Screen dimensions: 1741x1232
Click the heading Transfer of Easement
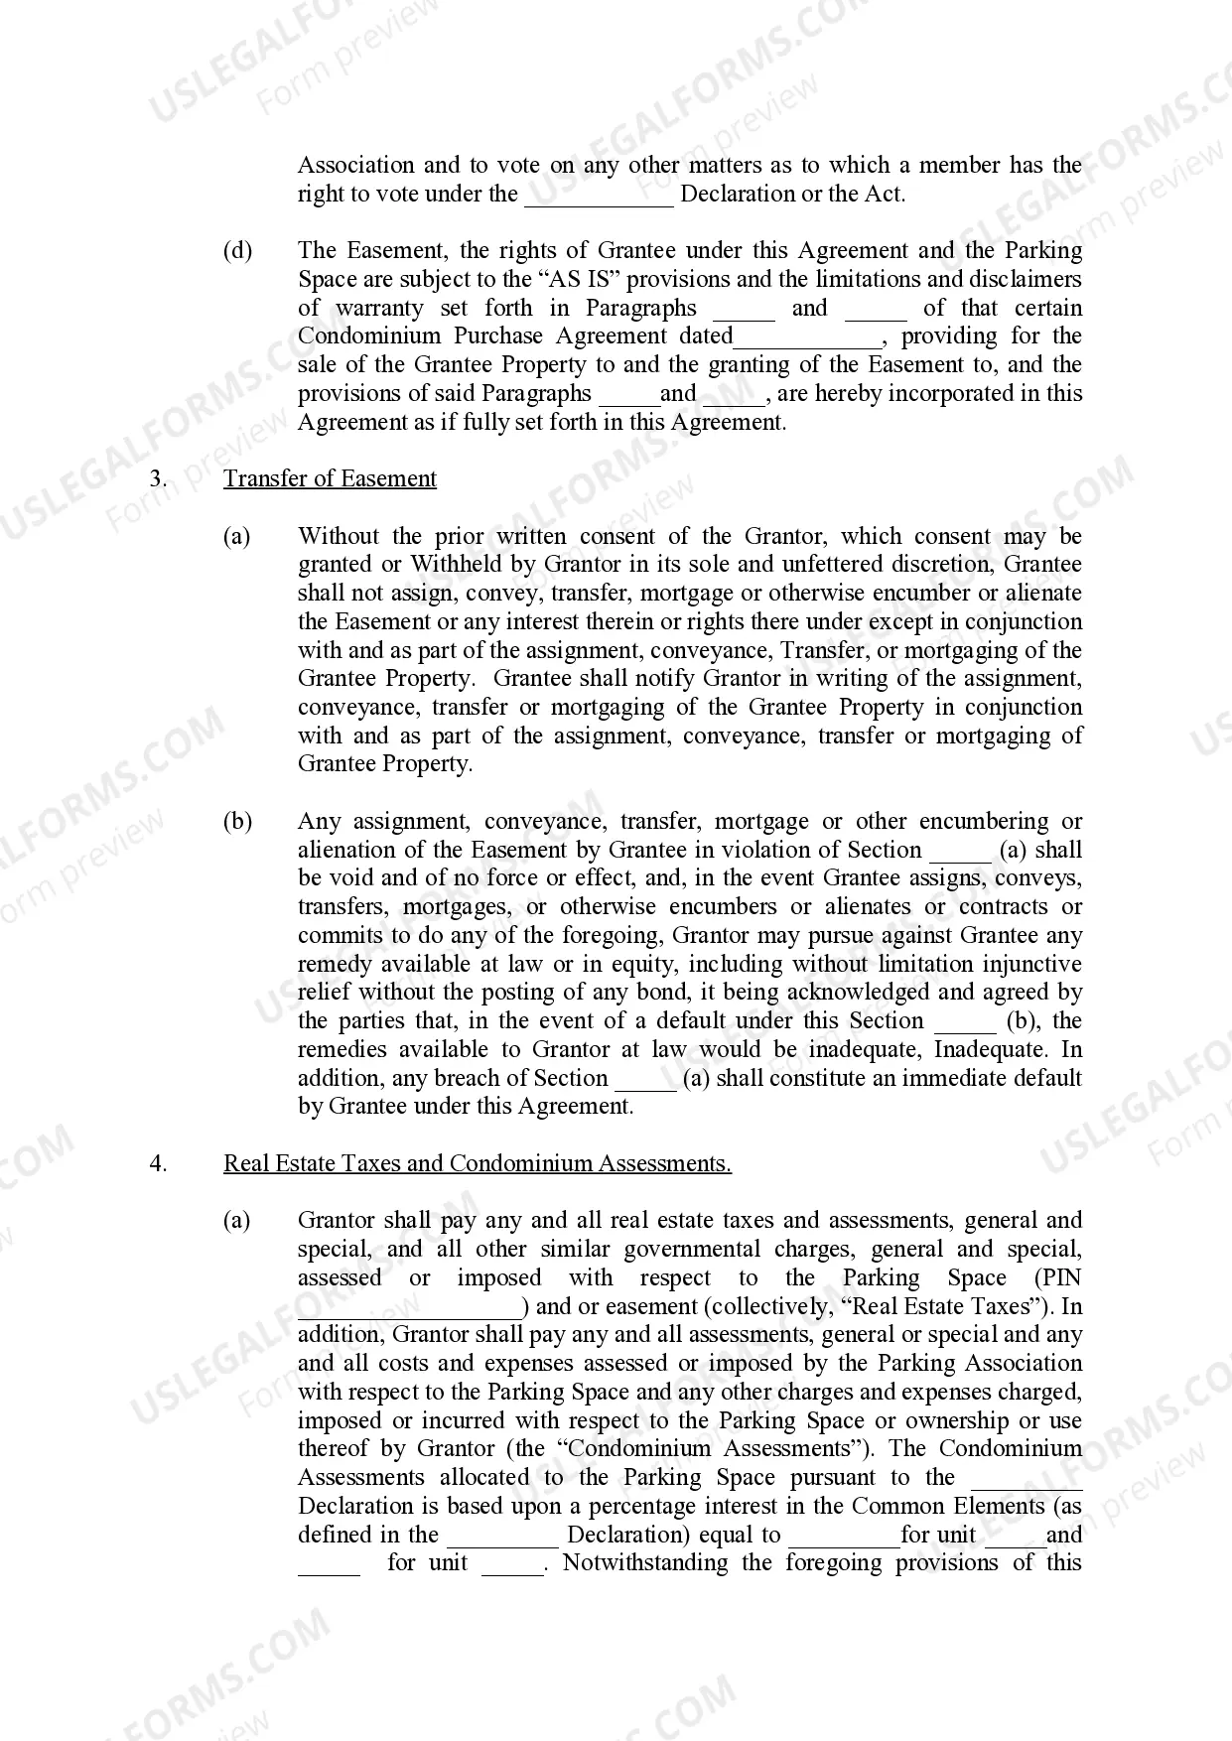330,478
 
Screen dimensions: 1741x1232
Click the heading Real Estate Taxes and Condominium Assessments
477,1163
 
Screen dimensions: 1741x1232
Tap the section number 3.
158,478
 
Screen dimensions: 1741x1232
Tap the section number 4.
158,1163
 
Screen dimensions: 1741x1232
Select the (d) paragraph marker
237,250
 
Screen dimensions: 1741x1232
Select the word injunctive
1031,964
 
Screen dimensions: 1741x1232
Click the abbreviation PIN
1058,1278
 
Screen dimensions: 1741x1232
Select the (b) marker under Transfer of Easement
237,822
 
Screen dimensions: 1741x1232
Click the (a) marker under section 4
237,1221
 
